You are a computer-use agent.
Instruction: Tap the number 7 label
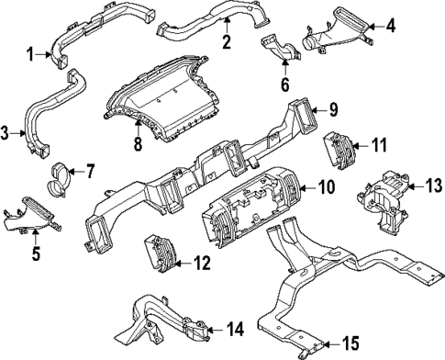click(x=89, y=171)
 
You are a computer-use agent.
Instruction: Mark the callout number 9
click(x=335, y=114)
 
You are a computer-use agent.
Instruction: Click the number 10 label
click(x=326, y=188)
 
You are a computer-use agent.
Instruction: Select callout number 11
click(x=379, y=145)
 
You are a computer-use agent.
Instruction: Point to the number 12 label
click(x=199, y=263)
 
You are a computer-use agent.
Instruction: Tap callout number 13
click(x=430, y=186)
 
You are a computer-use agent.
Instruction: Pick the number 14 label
click(x=234, y=326)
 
